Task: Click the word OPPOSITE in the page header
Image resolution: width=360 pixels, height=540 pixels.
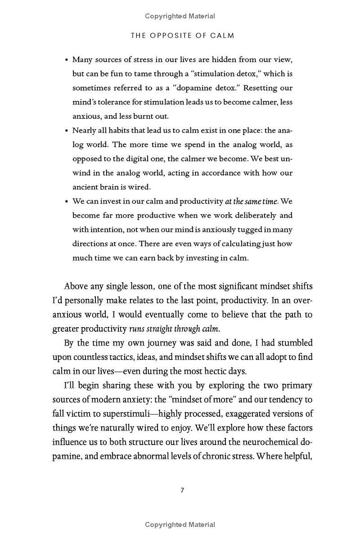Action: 171,36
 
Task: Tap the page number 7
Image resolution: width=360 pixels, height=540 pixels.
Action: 182,490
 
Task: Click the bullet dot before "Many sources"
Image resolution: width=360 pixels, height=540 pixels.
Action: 67,60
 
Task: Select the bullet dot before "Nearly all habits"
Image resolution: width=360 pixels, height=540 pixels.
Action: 67,131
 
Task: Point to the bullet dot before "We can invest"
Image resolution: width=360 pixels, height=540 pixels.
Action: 67,202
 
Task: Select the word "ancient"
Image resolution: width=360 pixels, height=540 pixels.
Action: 86,187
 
